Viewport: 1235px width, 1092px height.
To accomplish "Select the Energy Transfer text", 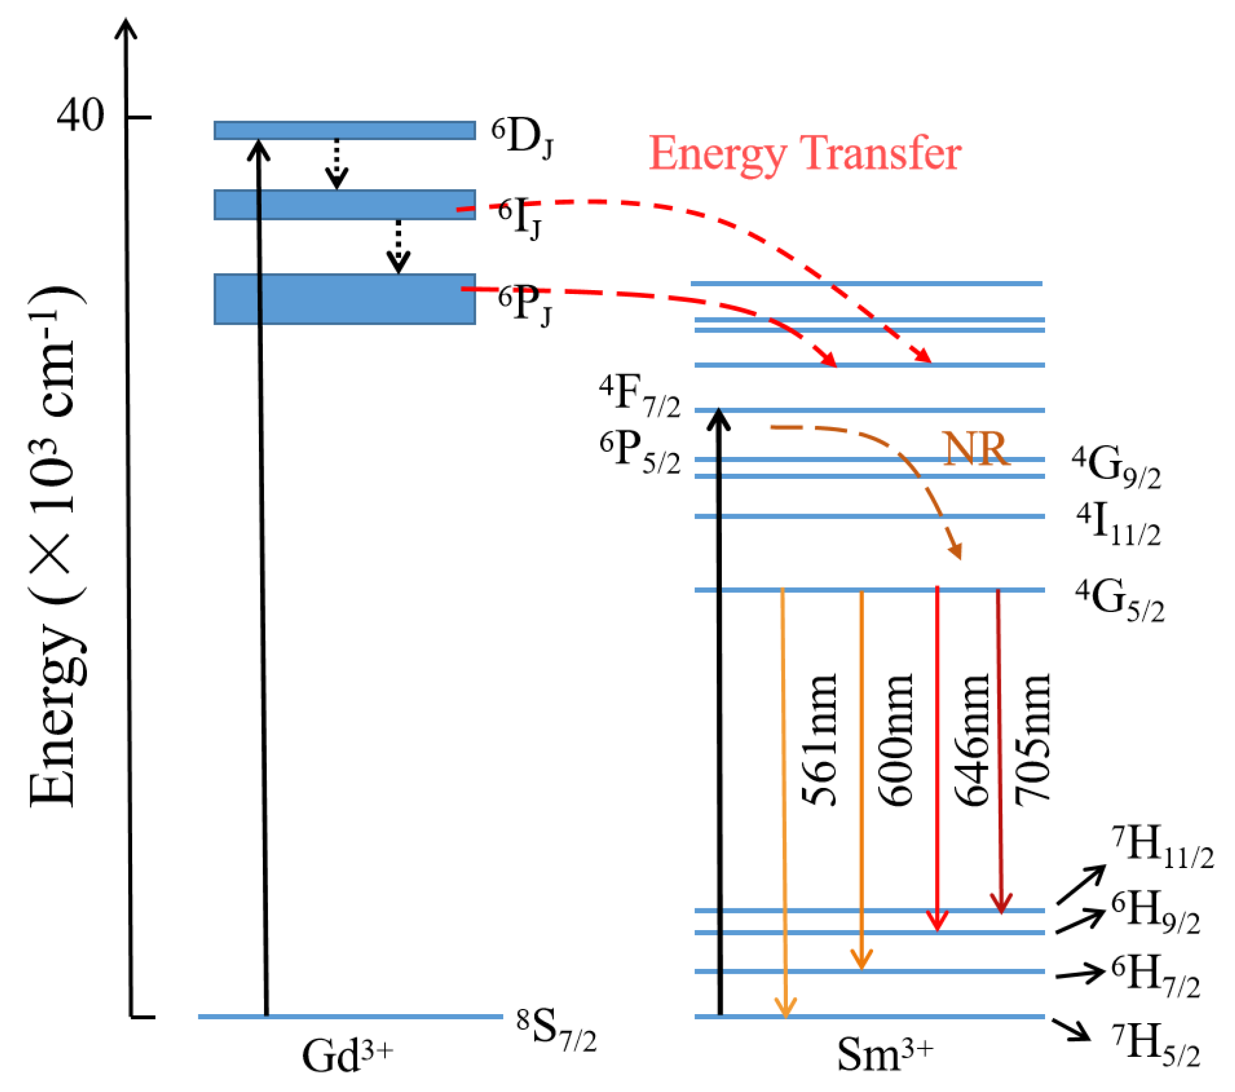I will point(804,154).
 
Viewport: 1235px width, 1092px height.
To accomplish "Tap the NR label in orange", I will point(976,450).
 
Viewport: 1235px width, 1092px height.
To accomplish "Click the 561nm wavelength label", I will point(819,740).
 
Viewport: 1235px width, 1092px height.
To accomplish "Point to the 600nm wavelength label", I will point(895,740).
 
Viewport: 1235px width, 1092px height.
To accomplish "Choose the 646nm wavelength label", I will point(972,740).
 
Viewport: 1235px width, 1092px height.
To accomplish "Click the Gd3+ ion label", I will point(347,1054).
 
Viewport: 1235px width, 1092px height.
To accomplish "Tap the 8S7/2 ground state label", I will point(556,1030).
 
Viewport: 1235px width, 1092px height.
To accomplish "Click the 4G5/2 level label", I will point(1120,600).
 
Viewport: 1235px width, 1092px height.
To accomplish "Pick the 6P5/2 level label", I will point(639,453).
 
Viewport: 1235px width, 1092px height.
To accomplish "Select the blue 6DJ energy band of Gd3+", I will point(345,130).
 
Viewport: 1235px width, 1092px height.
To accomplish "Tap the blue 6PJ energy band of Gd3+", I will point(345,299).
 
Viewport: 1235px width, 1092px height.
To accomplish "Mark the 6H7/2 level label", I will point(1155,977).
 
